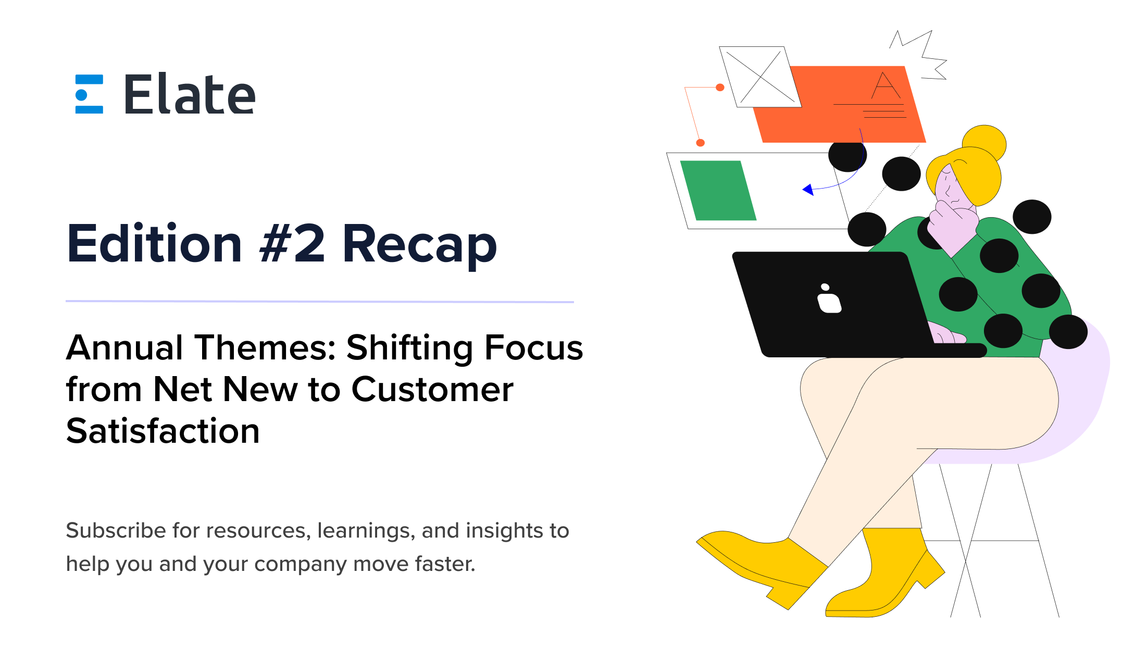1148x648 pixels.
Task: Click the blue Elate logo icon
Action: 89,94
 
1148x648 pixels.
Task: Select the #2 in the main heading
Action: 293,244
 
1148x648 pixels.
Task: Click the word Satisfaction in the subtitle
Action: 163,431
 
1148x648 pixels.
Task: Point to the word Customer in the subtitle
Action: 432,390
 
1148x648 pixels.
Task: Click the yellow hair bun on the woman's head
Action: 984,141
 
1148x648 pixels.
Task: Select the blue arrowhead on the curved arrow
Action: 808,190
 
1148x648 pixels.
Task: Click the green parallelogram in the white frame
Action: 718,191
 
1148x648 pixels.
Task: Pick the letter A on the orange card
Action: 885,86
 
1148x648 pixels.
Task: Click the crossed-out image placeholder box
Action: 760,77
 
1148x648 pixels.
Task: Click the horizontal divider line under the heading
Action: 319,302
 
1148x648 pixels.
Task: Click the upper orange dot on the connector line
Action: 720,88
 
